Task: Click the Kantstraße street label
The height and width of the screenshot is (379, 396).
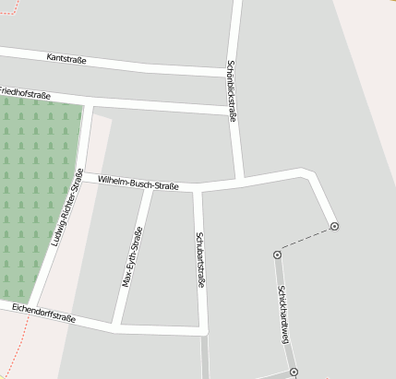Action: (x=66, y=59)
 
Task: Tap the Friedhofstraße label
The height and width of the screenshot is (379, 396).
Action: (x=25, y=93)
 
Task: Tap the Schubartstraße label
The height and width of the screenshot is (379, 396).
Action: (x=199, y=261)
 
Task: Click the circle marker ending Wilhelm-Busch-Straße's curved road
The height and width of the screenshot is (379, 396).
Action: (x=334, y=226)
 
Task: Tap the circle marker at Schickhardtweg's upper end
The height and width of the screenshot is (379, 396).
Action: (x=277, y=255)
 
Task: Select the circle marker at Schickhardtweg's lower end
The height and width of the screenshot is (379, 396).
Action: (x=294, y=372)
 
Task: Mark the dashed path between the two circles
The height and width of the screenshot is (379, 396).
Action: (x=306, y=241)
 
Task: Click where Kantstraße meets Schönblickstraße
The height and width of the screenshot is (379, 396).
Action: (x=230, y=71)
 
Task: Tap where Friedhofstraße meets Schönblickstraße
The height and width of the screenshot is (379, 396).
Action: (x=232, y=111)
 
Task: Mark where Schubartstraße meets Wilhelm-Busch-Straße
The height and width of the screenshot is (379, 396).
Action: (x=197, y=191)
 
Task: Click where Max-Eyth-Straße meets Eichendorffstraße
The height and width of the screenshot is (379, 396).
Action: (x=116, y=325)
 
